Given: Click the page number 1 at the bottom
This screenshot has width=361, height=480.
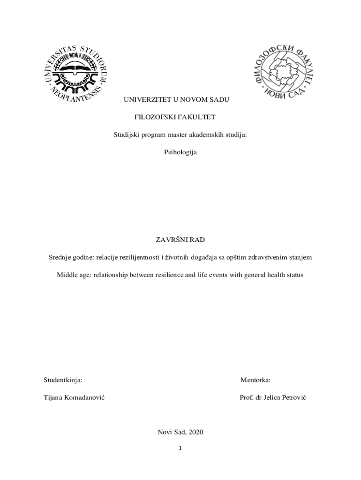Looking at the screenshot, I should (x=180, y=448).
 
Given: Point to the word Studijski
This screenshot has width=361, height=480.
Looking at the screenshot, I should (x=127, y=135).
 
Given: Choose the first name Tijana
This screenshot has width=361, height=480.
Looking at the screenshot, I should (x=54, y=397).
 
